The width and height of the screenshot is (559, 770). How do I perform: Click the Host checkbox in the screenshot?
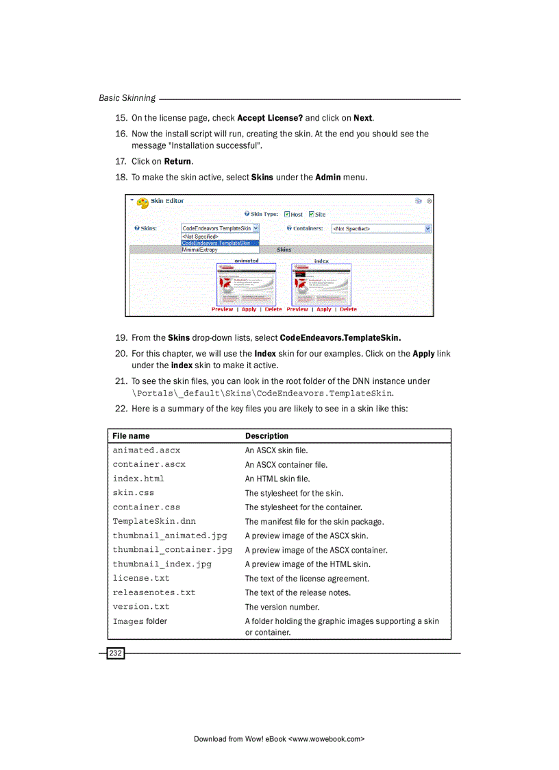(288, 214)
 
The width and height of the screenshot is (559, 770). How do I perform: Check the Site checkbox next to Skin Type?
(312, 214)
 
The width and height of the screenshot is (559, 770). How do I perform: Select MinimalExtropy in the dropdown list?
(199, 250)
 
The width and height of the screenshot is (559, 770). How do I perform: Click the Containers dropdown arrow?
(428, 228)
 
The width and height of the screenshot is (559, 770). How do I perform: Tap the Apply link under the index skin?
(324, 309)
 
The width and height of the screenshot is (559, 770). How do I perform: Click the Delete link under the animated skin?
(273, 309)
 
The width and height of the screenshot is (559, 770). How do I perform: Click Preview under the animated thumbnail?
(222, 309)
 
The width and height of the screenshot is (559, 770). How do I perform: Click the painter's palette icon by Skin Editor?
(142, 202)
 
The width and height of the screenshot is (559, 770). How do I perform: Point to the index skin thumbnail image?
(321, 285)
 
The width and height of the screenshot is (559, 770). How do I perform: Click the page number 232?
(115, 653)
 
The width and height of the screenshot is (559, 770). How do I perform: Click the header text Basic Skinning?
(127, 98)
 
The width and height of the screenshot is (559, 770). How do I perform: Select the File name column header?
(131, 436)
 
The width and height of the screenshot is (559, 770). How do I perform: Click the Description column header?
(266, 436)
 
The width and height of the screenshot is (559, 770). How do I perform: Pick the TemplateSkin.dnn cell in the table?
(154, 521)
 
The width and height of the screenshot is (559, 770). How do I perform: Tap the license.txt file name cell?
(141, 578)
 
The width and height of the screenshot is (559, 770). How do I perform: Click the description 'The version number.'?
(282, 607)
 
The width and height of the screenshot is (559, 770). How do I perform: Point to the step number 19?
(121, 337)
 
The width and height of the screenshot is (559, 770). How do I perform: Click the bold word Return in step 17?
(178, 162)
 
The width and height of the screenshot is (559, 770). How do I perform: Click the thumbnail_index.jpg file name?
(162, 564)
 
